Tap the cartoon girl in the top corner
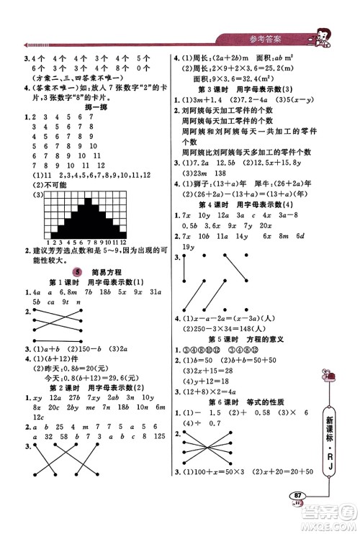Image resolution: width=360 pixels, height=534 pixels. (x=316, y=36)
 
